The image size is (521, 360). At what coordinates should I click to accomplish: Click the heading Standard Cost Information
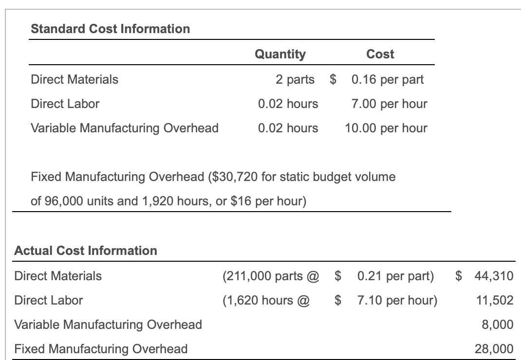point(110,29)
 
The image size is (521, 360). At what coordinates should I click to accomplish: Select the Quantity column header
point(280,54)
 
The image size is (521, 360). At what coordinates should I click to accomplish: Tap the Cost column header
point(380,54)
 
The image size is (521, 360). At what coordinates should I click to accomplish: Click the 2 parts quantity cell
point(295,79)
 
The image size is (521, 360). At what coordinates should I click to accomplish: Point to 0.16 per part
point(387,79)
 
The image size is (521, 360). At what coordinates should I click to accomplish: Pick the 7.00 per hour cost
point(389,104)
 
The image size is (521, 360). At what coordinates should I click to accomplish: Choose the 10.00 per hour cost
point(386,128)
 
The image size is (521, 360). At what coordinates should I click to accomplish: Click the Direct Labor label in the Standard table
point(65,104)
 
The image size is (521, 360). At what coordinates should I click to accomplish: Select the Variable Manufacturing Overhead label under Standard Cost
point(124,128)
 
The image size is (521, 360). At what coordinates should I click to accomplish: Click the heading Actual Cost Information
point(86,251)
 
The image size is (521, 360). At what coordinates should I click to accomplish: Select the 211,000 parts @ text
point(270,276)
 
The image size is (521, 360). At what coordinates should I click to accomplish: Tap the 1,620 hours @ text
point(266,300)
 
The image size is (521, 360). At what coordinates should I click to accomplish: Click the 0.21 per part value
point(395,276)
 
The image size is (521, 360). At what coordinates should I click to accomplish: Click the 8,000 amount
point(498,324)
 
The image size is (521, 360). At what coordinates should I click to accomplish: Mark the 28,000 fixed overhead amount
point(494,349)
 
